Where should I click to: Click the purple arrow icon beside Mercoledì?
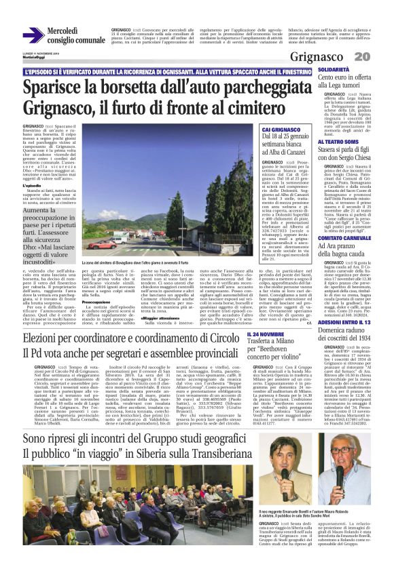tap(33, 36)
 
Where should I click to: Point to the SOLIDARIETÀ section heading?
tap(340, 70)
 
